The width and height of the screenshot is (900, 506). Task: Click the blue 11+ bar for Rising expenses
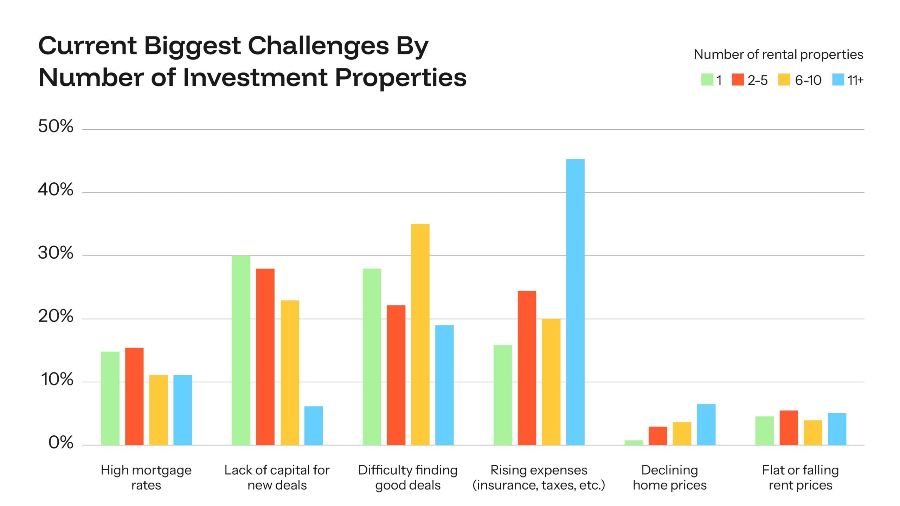click(575, 302)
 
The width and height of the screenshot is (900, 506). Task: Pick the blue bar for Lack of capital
click(314, 426)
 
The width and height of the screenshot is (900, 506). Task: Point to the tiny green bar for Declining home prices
click(634, 443)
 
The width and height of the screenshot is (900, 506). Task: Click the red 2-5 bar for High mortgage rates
click(134, 396)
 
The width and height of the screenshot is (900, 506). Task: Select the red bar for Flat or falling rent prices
click(789, 428)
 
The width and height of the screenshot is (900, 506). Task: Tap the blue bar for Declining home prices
click(706, 424)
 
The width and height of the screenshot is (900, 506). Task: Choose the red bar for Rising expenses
click(527, 368)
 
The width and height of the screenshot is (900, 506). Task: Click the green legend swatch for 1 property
click(707, 80)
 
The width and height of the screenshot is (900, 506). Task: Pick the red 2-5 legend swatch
click(738, 80)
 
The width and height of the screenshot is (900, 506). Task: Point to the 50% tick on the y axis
click(56, 126)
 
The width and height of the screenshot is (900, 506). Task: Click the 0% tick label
click(60, 443)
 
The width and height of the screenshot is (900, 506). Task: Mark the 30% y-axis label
click(56, 253)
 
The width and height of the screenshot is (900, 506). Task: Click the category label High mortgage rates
click(146, 477)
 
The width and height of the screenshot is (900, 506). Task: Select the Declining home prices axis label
click(669, 477)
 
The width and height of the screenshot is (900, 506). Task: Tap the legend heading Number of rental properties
click(778, 54)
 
